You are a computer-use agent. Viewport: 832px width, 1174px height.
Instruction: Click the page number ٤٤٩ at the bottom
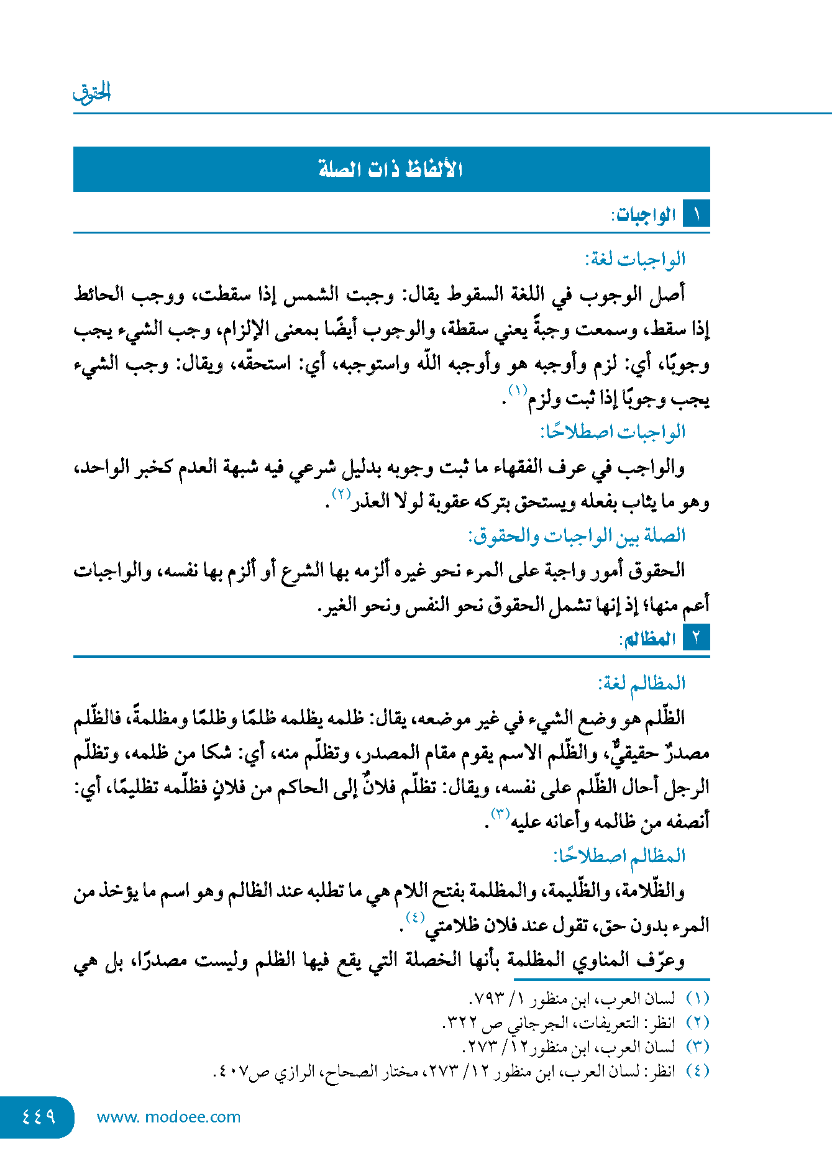(x=38, y=1117)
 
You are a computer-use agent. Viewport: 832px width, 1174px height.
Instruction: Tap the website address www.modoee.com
(x=168, y=1117)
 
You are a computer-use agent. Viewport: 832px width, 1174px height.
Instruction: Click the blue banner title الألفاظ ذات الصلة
(x=391, y=169)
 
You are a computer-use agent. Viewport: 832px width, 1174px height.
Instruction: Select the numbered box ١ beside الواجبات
(x=696, y=214)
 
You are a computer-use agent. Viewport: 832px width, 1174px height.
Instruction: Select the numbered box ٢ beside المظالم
(x=696, y=638)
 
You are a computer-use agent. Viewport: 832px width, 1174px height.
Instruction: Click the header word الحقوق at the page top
(x=92, y=93)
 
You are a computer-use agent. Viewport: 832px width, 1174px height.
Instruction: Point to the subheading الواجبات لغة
(x=634, y=259)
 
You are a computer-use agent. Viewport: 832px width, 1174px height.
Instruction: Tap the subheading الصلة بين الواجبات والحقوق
(x=576, y=535)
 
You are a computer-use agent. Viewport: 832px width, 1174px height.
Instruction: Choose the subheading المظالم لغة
(x=641, y=684)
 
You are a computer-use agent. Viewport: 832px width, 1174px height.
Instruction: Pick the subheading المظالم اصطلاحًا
(x=619, y=857)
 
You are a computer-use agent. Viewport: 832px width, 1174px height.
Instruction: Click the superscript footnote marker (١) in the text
(x=518, y=390)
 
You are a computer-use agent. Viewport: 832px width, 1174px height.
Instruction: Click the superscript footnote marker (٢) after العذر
(x=341, y=494)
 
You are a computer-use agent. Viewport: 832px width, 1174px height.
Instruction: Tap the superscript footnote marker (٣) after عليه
(x=500, y=813)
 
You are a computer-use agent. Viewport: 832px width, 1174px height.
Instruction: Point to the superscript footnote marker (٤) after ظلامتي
(x=414, y=917)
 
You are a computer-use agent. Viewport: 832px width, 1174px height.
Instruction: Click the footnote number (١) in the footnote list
(x=697, y=999)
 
